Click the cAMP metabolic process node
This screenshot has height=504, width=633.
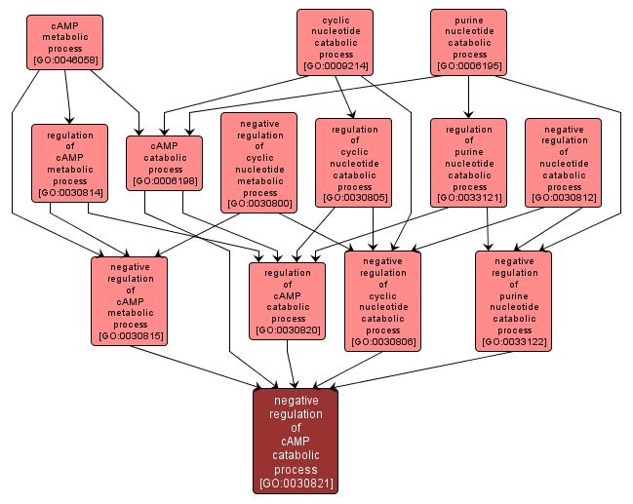[x=64, y=42]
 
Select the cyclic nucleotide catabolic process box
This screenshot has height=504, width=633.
[x=336, y=42]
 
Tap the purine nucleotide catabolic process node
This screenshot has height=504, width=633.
[x=468, y=42]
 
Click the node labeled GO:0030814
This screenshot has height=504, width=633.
[x=68, y=162]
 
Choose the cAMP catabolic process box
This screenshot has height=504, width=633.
[x=165, y=162]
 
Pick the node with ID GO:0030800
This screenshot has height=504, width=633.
[x=258, y=162]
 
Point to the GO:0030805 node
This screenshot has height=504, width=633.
[x=354, y=162]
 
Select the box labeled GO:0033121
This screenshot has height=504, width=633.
[x=468, y=162]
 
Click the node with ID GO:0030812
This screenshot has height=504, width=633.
[x=564, y=162]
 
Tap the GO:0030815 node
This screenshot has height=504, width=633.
[x=130, y=299]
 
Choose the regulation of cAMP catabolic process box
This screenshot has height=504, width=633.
[x=288, y=299]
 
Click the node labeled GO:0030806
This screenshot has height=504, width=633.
[x=382, y=299]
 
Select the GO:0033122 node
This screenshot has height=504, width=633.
[x=514, y=299]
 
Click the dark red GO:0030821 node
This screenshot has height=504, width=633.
[x=296, y=441]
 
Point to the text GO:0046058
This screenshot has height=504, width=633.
[x=64, y=60]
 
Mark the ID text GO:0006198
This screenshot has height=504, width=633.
[x=165, y=180]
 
